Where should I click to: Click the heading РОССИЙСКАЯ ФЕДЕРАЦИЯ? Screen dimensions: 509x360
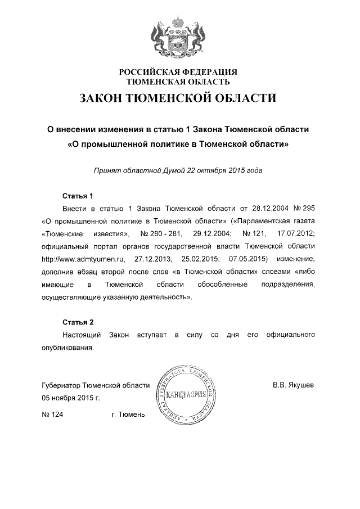(178, 72)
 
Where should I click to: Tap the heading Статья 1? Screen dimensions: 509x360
(77, 196)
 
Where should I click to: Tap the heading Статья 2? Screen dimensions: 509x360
(77, 322)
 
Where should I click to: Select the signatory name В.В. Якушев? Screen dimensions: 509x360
(294, 386)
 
